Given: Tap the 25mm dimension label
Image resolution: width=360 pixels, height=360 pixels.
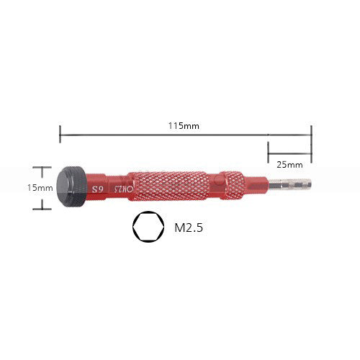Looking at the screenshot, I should pyautogui.click(x=289, y=163).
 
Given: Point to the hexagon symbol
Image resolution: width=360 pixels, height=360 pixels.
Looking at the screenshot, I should pyautogui.click(x=146, y=228).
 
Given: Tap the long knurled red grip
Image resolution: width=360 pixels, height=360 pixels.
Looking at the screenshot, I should pyautogui.click(x=170, y=186).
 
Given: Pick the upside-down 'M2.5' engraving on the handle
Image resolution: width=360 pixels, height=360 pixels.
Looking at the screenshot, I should pyautogui.click(x=122, y=188).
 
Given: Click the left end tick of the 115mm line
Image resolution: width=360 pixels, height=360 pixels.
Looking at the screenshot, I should pyautogui.click(x=60, y=134).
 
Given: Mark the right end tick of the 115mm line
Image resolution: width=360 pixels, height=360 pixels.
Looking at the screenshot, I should pyautogui.click(x=311, y=134).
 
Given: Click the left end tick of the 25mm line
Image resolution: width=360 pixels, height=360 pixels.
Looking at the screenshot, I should pyautogui.click(x=268, y=152).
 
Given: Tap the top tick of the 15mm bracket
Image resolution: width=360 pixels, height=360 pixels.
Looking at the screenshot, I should pyautogui.click(x=42, y=167).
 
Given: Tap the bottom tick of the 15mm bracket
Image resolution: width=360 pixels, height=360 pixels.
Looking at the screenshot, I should pyautogui.click(x=42, y=209).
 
